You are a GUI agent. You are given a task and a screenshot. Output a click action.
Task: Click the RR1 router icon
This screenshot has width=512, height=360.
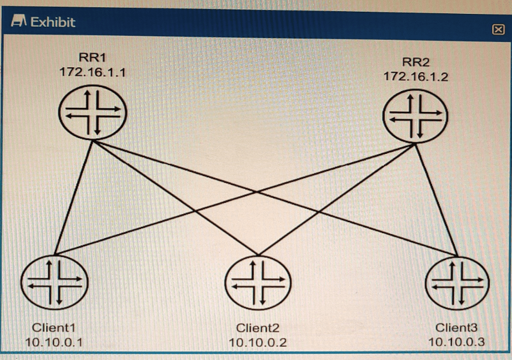coord(93,113)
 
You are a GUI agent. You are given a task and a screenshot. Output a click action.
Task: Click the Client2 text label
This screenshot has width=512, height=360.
coord(257,328)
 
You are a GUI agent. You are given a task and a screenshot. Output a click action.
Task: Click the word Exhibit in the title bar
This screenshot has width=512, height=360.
coord(53,22)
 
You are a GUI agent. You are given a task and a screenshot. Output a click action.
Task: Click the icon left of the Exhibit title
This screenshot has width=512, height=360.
coord(19,22)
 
